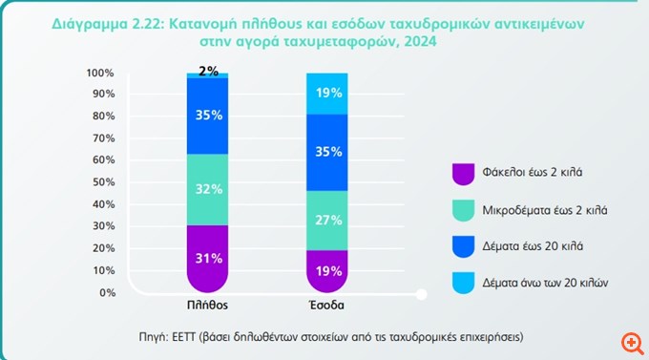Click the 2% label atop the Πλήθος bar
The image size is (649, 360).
coord(209,72)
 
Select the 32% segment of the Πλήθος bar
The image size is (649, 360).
coord(209,188)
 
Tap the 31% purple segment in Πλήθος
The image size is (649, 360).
coord(209,257)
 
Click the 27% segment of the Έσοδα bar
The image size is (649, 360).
coord(327,221)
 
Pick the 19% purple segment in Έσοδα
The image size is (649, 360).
coord(327,270)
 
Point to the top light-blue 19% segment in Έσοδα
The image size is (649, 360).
coord(327,94)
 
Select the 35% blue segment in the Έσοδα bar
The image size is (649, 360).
coord(327,152)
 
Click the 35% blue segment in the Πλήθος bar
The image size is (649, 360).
coord(209,116)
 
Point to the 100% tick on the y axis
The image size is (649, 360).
coord(100,73)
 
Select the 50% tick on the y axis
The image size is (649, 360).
coord(102,182)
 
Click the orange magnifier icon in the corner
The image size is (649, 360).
coord(629,341)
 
